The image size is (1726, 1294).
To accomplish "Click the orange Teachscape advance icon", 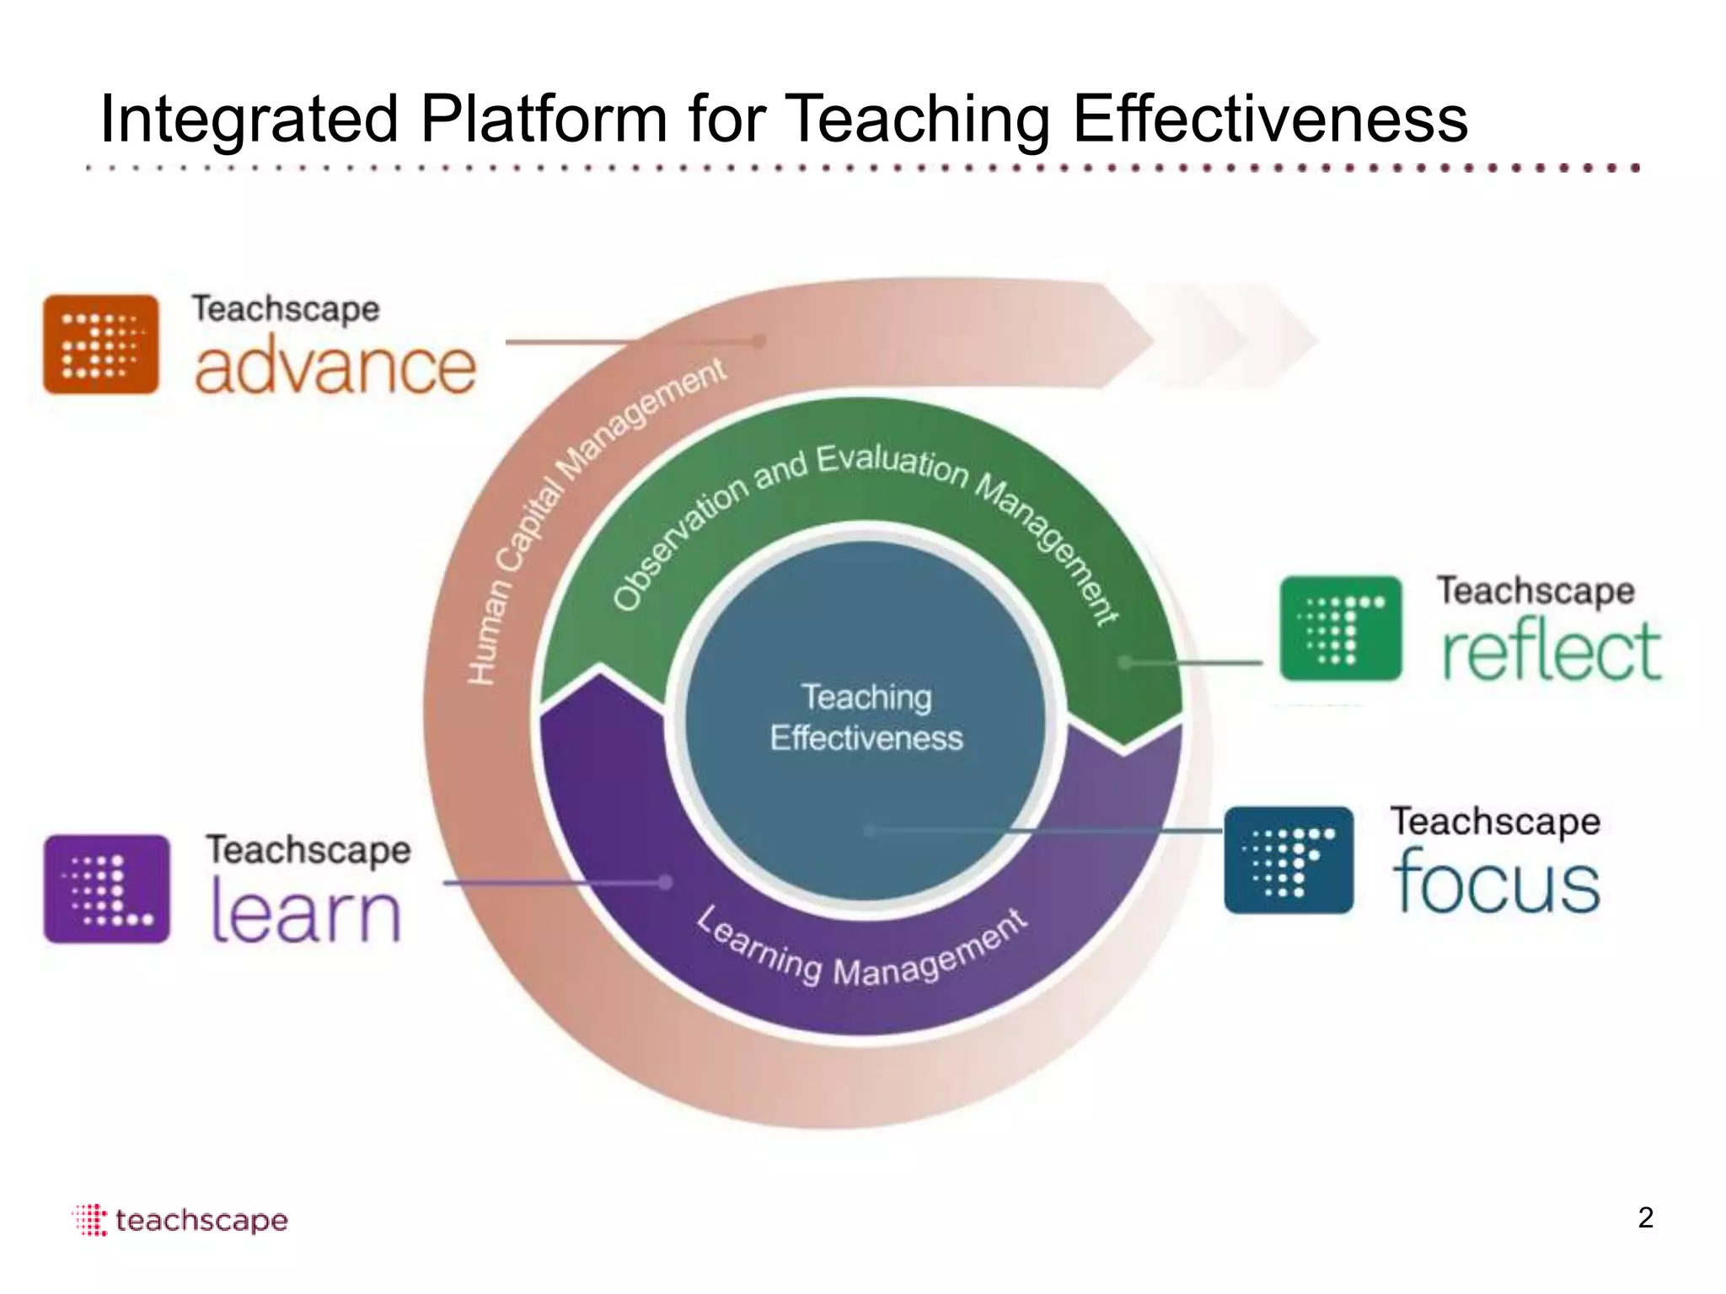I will pyautogui.click(x=101, y=344).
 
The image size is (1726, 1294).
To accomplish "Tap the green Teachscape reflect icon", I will pyautogui.click(x=1340, y=628).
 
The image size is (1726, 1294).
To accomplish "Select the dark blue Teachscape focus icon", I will pyautogui.click(x=1288, y=859).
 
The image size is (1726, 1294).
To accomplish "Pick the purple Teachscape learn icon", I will pyautogui.click(x=106, y=888).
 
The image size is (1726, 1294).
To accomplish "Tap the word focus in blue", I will pyautogui.click(x=1496, y=881).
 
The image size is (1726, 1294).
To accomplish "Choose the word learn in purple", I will pyautogui.click(x=305, y=912).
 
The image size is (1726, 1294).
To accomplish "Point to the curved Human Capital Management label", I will pyautogui.click(x=582, y=514).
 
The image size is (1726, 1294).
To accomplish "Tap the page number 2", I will pyautogui.click(x=1645, y=1218).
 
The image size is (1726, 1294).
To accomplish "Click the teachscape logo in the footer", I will pyautogui.click(x=180, y=1220).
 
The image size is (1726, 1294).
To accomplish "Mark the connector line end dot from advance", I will pyautogui.click(x=758, y=341).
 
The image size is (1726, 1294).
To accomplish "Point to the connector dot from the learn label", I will pyautogui.click(x=666, y=882).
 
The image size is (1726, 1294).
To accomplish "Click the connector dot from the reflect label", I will pyautogui.click(x=1125, y=662).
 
